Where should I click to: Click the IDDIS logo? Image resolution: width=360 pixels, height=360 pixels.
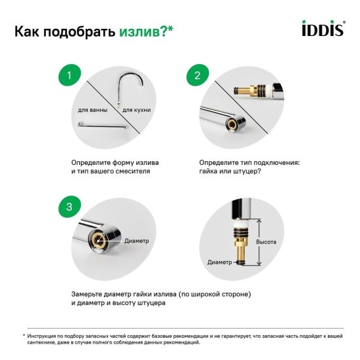click(321, 30)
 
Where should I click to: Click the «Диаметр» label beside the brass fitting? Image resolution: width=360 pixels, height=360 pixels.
click(219, 262)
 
